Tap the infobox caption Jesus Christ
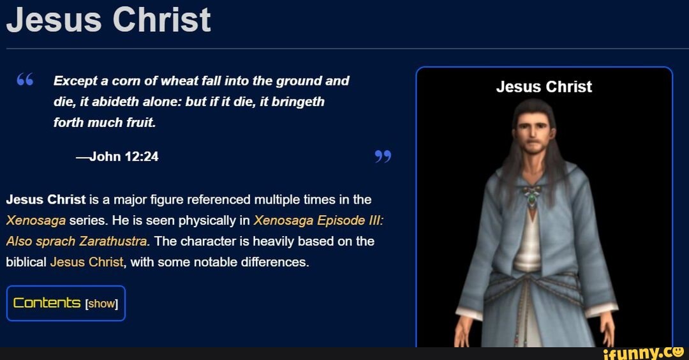544,87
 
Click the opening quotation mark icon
24,80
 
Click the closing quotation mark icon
383,156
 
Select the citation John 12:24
117,156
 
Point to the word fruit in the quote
140,122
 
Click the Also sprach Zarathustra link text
77,241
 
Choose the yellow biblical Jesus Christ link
86,262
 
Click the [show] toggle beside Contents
101,304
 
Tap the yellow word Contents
47,303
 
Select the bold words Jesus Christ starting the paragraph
45,200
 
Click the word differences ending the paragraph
277,262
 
